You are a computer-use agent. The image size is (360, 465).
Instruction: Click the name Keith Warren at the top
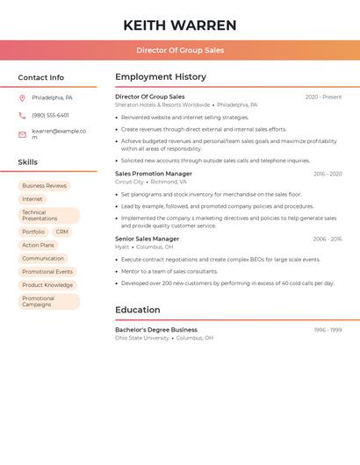point(180,25)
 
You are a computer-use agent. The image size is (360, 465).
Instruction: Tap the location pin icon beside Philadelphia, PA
point(22,97)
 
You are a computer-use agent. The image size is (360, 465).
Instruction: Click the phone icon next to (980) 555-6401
point(22,115)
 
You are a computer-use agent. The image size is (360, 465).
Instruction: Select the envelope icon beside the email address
point(22,134)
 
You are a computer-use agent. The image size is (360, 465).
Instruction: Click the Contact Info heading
point(40,77)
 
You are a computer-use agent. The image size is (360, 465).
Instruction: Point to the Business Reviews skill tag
point(44,186)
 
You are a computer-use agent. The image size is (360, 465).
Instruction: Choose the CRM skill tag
point(61,232)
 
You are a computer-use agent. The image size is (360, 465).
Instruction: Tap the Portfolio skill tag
point(33,232)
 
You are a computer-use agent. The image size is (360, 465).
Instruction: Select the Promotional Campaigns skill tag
point(48,302)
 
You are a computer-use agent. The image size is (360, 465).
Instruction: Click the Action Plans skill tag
point(38,246)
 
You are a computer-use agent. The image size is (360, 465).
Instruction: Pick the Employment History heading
point(161,77)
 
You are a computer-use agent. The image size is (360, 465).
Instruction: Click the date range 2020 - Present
point(323,97)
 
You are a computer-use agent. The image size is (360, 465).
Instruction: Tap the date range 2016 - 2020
point(328,174)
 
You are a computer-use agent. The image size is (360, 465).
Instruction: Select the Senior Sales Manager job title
point(147,239)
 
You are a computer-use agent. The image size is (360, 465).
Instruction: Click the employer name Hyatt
point(122,247)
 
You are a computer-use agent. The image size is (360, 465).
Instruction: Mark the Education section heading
point(138,310)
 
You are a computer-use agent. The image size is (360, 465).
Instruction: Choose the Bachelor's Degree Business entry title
point(156,330)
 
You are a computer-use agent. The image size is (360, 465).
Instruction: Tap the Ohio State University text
point(142,338)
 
